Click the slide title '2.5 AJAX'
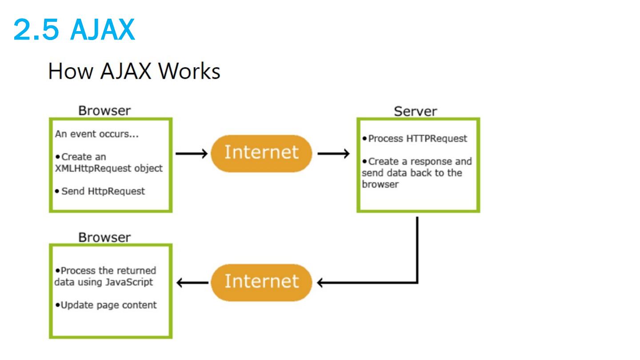(x=74, y=29)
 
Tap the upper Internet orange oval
(x=261, y=153)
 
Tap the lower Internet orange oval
(x=261, y=283)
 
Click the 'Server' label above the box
(x=416, y=111)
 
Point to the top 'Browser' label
(x=104, y=111)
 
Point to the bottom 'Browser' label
(x=104, y=237)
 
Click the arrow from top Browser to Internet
(x=192, y=154)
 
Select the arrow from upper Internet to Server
(x=333, y=154)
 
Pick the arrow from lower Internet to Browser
(x=192, y=283)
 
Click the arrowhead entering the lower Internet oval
(x=320, y=283)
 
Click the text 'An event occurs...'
(x=97, y=134)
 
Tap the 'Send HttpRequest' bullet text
(x=103, y=191)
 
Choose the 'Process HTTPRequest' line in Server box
(x=417, y=139)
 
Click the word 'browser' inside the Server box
(x=380, y=184)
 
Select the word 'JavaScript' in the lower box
(x=129, y=282)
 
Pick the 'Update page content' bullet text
(x=108, y=305)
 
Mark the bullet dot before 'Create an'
(x=58, y=157)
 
